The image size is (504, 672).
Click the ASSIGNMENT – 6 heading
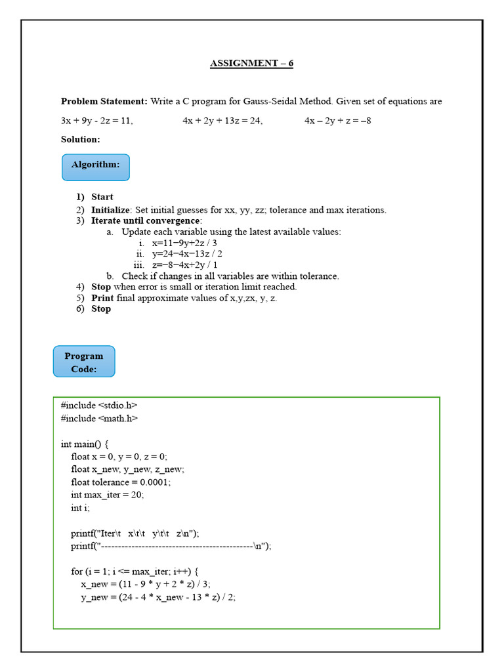coord(251,64)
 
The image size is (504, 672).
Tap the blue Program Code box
coord(84,362)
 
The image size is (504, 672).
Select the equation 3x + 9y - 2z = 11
coord(96,121)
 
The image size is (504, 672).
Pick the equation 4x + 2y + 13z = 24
coord(222,121)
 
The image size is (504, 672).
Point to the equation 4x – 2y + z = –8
coord(337,121)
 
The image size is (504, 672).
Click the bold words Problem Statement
coord(104,101)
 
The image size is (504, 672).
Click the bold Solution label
coord(80,139)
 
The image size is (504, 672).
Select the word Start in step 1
coord(102,197)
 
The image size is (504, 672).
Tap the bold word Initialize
coord(111,210)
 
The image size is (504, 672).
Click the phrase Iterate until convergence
coord(146,220)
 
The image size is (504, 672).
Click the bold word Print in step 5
coord(102,298)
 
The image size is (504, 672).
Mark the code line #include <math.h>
coord(99,418)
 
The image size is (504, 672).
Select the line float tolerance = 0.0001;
coord(121,482)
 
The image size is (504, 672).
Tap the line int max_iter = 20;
coord(107,495)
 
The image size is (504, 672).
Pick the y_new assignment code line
coord(158,597)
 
